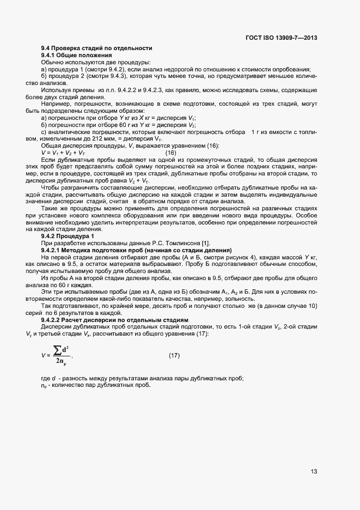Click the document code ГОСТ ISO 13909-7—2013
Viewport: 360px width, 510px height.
(x=282, y=38)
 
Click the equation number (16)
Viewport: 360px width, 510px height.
(x=170, y=153)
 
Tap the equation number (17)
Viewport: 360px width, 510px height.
(x=174, y=356)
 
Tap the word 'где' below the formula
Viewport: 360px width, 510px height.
(x=46, y=379)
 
